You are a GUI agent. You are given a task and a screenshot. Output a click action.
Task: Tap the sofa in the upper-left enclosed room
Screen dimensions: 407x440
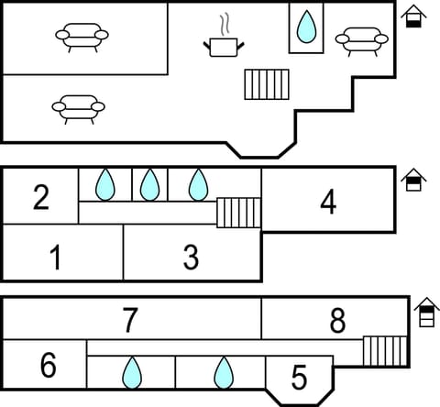click(x=82, y=36)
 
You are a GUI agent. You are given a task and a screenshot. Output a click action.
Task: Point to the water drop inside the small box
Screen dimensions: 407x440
click(x=306, y=27)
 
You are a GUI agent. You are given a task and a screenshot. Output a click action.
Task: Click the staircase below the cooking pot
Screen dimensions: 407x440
click(x=267, y=84)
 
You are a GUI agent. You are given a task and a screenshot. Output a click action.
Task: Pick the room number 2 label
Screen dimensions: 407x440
click(x=40, y=197)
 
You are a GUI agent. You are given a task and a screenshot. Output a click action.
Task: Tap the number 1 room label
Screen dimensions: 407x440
click(x=55, y=258)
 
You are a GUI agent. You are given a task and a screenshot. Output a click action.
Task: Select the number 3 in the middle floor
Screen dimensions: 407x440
click(x=190, y=258)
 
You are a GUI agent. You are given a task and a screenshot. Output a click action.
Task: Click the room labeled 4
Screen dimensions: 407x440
click(x=327, y=203)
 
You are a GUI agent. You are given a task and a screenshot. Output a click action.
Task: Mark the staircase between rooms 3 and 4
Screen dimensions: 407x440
click(x=238, y=213)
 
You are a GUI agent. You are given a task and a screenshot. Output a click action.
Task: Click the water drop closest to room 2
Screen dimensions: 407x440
click(x=105, y=185)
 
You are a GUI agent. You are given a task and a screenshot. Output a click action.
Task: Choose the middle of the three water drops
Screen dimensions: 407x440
click(x=149, y=185)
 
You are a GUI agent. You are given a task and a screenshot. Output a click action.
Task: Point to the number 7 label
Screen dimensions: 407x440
click(x=130, y=321)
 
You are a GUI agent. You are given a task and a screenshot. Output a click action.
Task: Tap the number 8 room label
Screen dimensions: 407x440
click(x=337, y=321)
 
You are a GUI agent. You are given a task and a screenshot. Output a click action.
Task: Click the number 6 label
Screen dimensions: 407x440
click(x=48, y=366)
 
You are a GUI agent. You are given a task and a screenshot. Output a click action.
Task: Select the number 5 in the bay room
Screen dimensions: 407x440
click(x=299, y=377)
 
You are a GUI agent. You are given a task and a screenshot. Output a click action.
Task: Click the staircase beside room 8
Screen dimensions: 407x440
click(x=384, y=350)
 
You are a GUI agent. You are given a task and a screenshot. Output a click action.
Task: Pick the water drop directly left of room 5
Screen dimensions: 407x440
click(x=223, y=373)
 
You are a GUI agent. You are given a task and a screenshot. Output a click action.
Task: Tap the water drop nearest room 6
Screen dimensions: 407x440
click(x=132, y=373)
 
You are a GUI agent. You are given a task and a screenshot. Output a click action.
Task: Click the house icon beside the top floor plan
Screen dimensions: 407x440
click(x=414, y=16)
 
